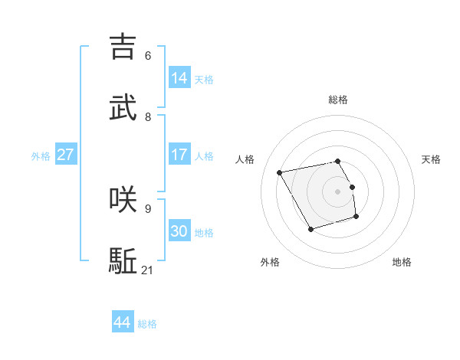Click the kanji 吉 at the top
click(123, 47)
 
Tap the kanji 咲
click(123, 199)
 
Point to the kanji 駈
click(123, 261)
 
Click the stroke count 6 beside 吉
click(147, 56)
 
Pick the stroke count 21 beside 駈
click(148, 270)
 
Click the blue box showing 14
click(179, 78)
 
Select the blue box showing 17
click(179, 155)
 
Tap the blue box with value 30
click(179, 231)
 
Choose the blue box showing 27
click(65, 155)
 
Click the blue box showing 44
click(123, 322)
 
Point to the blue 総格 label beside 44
click(147, 325)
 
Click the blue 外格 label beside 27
click(41, 156)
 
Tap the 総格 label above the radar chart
click(337, 100)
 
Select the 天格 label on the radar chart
click(431, 159)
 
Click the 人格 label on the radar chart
click(245, 159)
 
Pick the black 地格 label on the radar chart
click(402, 262)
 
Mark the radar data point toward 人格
click(280, 172)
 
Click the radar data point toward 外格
click(310, 229)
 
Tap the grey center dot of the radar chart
click(337, 191)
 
